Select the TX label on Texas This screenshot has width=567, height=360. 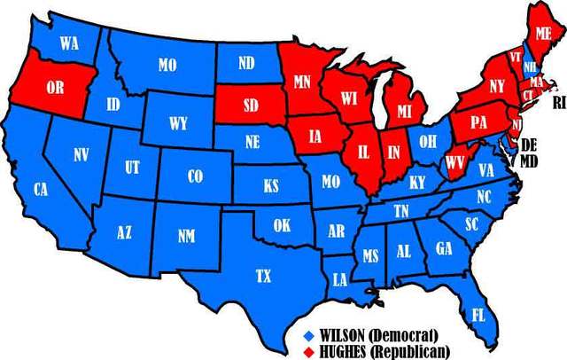[263, 277]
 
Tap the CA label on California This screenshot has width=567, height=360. [40, 189]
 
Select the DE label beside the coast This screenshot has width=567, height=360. [529, 145]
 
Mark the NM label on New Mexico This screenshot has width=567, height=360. [186, 235]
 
